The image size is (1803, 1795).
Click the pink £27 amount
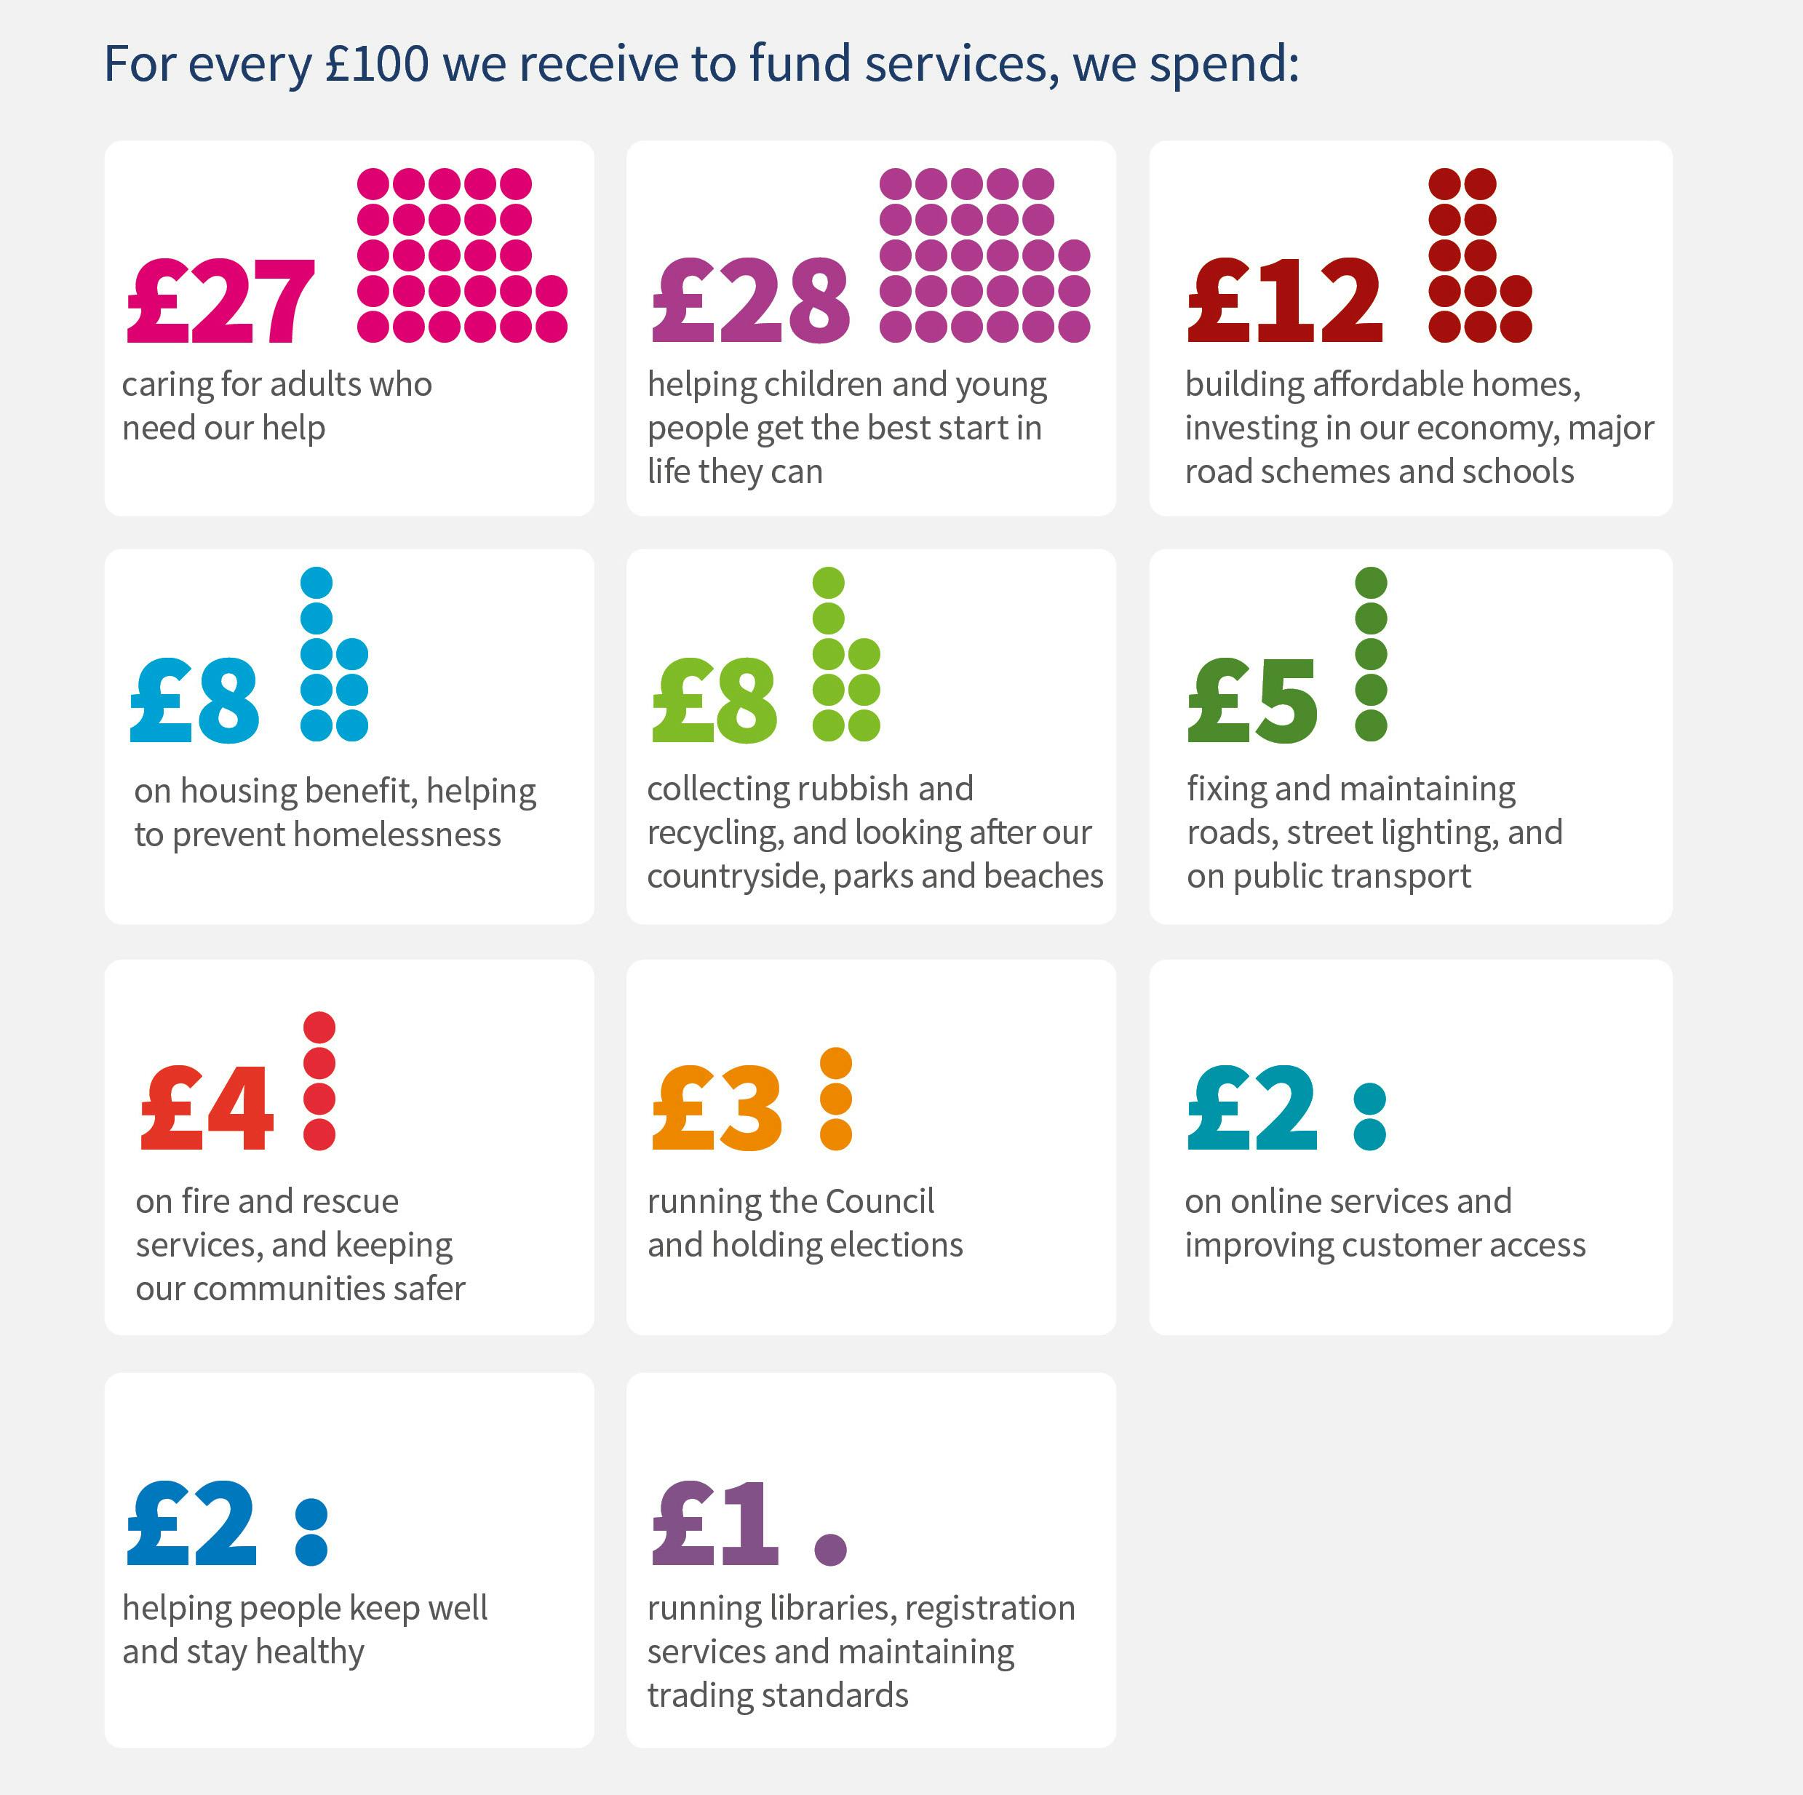(221, 301)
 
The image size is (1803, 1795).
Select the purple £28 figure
(750, 301)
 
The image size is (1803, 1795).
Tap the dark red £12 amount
(1284, 301)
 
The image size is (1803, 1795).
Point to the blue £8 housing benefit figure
(194, 700)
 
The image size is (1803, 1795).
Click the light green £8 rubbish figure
(714, 700)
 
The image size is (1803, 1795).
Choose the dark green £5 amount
(1252, 700)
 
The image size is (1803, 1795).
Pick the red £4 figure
(207, 1109)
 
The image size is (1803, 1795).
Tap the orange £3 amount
(717, 1109)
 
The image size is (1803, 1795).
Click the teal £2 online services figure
(1252, 1109)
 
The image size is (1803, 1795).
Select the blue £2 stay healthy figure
(191, 1524)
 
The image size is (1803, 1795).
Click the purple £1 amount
(715, 1524)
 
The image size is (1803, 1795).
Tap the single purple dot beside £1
(831, 1548)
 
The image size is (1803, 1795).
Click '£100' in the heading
(377, 63)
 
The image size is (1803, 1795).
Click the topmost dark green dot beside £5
(1371, 583)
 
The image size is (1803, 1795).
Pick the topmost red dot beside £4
(319, 1027)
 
